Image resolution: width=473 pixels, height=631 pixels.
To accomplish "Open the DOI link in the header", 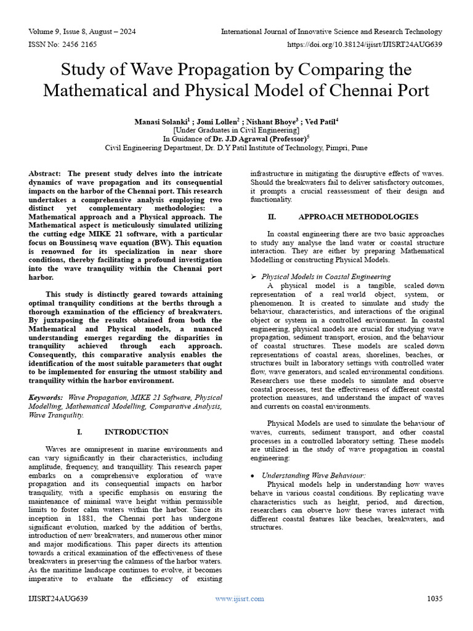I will (364, 44).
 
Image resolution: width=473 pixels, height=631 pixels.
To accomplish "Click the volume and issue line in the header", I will (83, 31).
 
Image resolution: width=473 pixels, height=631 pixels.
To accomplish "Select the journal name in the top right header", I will (331, 31).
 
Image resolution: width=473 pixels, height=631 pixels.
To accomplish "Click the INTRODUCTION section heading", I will (136, 432).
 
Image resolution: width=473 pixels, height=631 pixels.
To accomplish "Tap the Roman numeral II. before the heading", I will (272, 217).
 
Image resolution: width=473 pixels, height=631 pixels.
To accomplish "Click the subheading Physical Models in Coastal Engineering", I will (326, 277).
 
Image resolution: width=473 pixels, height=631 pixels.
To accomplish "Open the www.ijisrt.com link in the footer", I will (240, 598).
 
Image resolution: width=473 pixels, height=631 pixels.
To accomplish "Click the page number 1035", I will (435, 598).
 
